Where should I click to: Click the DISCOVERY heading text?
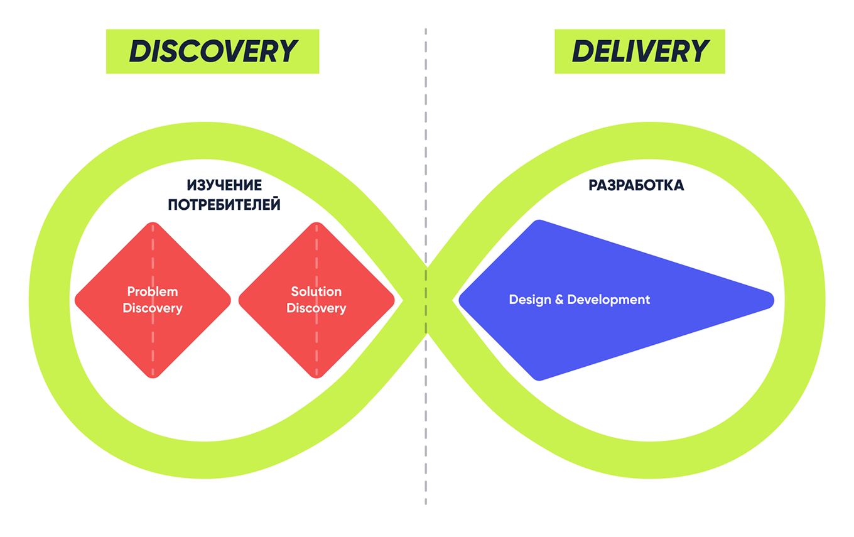coord(212,51)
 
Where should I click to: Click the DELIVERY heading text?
coord(639,51)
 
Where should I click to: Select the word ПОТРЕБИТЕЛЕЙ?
coord(224,205)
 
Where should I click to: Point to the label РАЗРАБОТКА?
coord(636,185)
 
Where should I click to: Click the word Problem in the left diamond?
coord(153,291)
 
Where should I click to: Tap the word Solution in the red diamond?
coord(316,291)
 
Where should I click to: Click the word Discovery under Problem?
coord(153,308)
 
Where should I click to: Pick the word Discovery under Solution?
coord(316,308)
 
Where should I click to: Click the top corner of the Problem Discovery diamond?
coord(153,225)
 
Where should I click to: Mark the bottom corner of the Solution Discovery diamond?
coord(316,375)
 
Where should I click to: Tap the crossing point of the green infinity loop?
coord(427,300)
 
